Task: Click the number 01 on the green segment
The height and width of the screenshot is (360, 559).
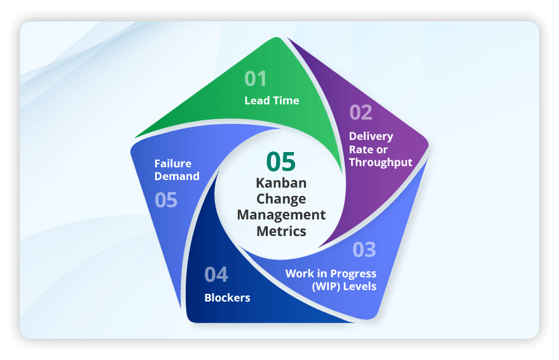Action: [256, 79]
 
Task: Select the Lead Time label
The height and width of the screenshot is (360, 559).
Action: [272, 100]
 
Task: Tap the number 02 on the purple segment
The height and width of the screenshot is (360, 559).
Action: [361, 113]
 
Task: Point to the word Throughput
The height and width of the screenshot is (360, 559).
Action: [380, 162]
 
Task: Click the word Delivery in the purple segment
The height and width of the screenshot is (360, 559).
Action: [371, 136]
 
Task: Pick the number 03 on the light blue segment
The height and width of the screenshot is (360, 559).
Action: [364, 250]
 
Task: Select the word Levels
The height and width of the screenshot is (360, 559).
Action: [361, 286]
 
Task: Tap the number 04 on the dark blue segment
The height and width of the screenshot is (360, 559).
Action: [216, 275]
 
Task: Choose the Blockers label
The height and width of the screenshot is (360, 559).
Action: [227, 298]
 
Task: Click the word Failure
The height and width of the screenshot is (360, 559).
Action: [172, 163]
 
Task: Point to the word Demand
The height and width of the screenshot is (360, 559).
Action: [177, 176]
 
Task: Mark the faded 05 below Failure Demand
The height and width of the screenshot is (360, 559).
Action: [166, 200]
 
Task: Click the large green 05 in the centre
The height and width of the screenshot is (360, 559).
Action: [281, 162]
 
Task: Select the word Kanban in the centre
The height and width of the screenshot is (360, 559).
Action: [281, 183]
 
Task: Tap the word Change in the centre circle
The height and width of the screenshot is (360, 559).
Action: [281, 199]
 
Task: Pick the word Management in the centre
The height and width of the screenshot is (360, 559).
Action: [281, 215]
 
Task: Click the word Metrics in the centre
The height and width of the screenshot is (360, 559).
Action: [281, 231]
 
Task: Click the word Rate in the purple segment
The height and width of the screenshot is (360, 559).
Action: [360, 149]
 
